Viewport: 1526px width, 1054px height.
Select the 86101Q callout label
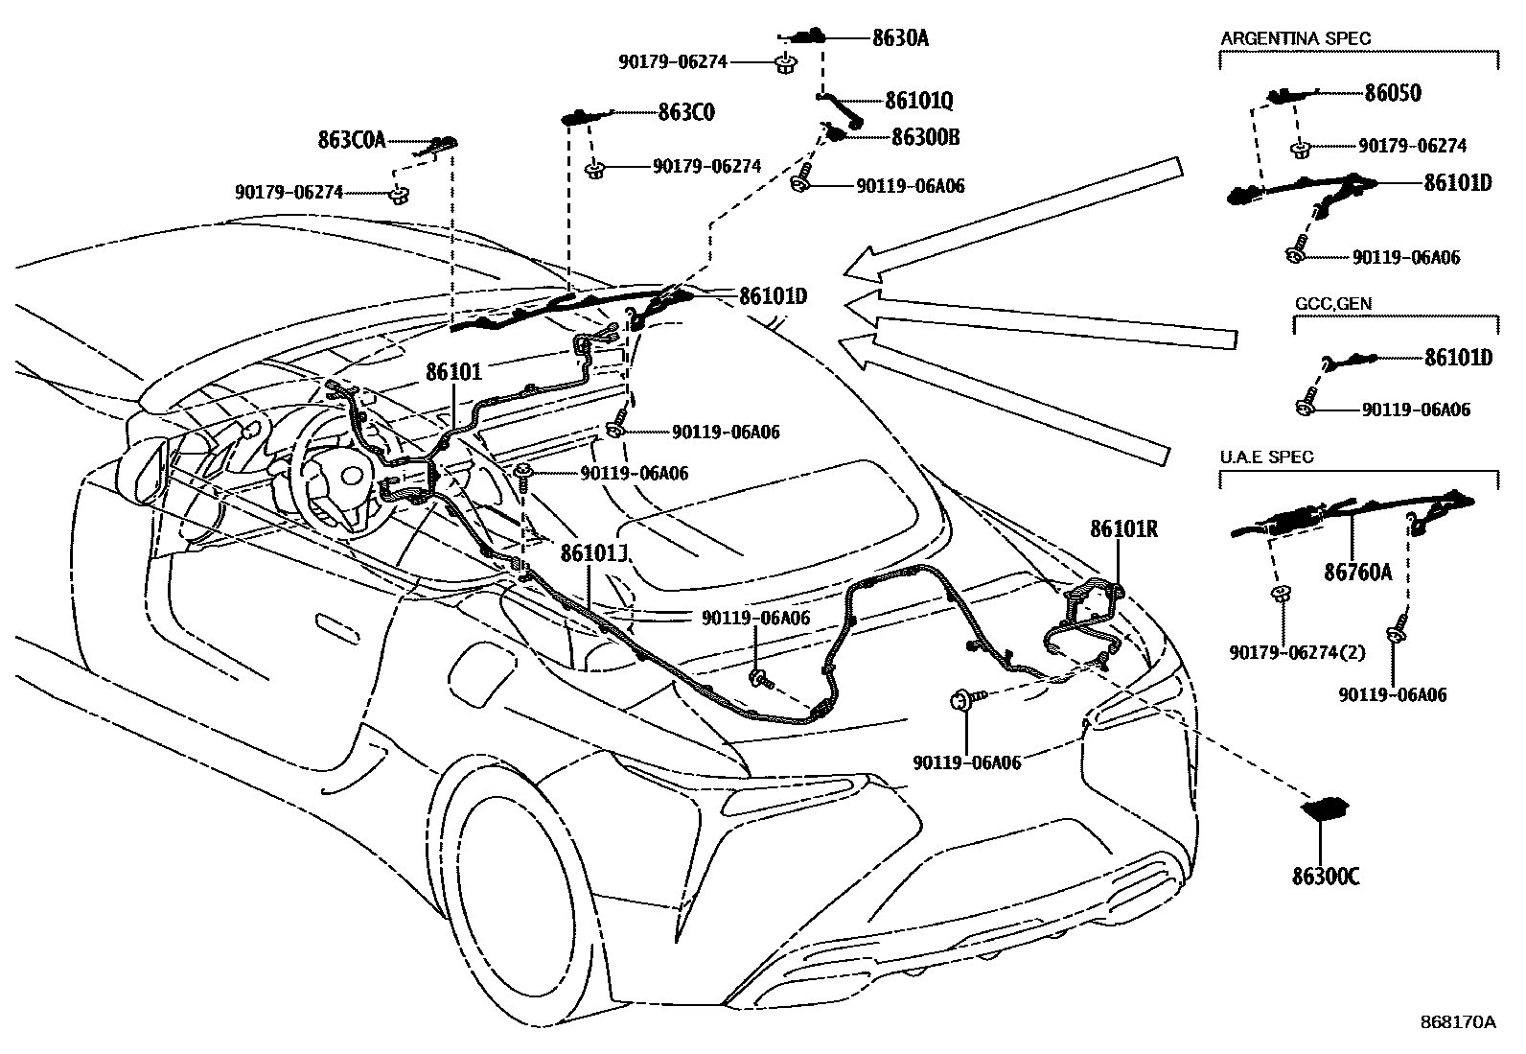pyautogui.click(x=918, y=101)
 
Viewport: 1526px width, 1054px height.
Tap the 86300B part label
pyautogui.click(x=925, y=137)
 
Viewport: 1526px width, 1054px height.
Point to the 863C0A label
pyautogui.click(x=351, y=140)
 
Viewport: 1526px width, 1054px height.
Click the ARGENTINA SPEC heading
pyautogui.click(x=1295, y=38)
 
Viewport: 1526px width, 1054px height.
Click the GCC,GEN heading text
pyautogui.click(x=1332, y=303)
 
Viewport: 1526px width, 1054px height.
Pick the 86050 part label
pyautogui.click(x=1393, y=93)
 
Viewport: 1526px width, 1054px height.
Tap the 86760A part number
pyautogui.click(x=1357, y=573)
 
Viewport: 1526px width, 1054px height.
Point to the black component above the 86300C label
pyautogui.click(x=1327, y=808)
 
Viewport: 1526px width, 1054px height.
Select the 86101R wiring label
pyautogui.click(x=1123, y=528)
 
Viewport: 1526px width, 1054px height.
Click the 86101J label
pyautogui.click(x=593, y=554)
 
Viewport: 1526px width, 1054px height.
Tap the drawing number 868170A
pyautogui.click(x=1457, y=1021)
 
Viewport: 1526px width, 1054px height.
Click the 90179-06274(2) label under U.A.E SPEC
pyautogui.click(x=1297, y=652)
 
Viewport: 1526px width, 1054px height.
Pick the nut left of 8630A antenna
pyautogui.click(x=784, y=64)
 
